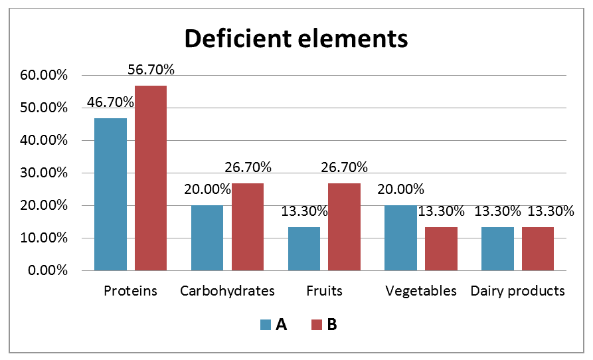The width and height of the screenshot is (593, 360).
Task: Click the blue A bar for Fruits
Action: [x=304, y=248]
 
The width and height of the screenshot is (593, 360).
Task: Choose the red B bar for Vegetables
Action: [x=441, y=248]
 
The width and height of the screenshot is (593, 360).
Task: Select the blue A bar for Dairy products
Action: [x=497, y=248]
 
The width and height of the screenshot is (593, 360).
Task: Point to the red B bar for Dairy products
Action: [x=538, y=248]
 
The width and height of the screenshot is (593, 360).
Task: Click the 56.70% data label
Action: [x=151, y=70]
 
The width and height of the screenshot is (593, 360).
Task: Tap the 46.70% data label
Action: [x=110, y=102]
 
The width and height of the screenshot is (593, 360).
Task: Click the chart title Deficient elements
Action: [x=296, y=39]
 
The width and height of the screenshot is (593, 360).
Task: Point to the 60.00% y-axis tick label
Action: [x=44, y=76]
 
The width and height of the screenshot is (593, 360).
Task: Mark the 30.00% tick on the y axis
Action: [x=44, y=173]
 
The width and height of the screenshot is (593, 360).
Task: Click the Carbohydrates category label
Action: [x=227, y=291]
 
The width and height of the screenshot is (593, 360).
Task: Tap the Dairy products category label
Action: [x=518, y=291]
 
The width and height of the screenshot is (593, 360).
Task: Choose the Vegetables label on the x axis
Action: [x=421, y=291]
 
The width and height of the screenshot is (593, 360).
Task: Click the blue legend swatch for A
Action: [x=266, y=325]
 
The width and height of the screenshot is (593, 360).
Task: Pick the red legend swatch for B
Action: [x=317, y=325]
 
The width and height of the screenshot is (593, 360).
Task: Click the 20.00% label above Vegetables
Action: [x=400, y=189]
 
